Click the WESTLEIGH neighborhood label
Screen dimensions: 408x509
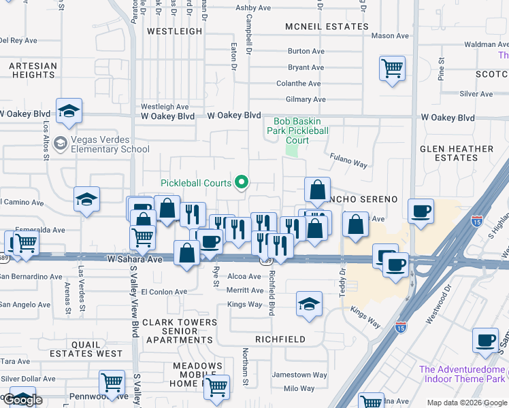point(174,31)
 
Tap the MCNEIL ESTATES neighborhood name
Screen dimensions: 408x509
point(318,27)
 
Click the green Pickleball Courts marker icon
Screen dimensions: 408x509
point(241,182)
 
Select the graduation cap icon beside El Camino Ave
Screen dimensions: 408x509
point(86,199)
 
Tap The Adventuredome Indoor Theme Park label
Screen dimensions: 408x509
point(463,374)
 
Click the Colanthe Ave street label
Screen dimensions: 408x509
point(298,84)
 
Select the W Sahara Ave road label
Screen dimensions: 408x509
point(135,259)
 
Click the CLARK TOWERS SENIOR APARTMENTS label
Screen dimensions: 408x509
point(180,330)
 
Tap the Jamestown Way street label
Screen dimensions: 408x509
point(299,375)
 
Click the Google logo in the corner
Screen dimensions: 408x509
point(22,400)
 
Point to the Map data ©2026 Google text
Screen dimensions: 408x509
point(467,403)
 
